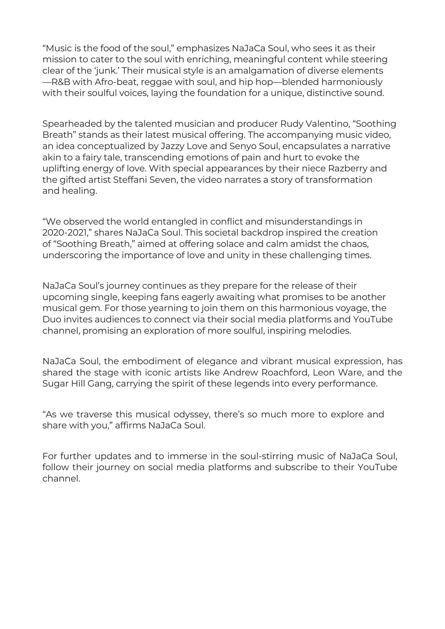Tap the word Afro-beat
(x=116, y=82)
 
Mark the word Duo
(x=52, y=319)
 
